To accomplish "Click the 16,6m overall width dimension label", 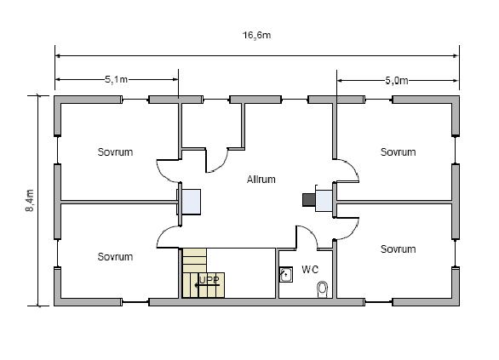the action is tap(257, 35).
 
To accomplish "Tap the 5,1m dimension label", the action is tap(116, 79).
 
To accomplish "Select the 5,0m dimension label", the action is tap(397, 81).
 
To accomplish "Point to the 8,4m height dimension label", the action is tap(30, 200).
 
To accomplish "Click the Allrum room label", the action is tap(261, 180).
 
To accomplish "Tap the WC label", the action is tap(310, 270).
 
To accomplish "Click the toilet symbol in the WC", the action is tap(323, 289).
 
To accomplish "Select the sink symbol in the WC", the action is tap(286, 275).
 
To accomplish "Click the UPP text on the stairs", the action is tap(209, 280).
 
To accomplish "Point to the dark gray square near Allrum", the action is tap(309, 200).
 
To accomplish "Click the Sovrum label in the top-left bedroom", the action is tap(115, 152).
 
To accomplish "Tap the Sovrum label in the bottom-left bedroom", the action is tap(115, 257).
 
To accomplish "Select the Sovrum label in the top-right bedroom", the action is tap(399, 152).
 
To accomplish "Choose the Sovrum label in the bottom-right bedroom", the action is tap(399, 249).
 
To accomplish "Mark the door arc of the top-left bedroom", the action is tap(162, 174).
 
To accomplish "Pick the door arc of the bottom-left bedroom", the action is tap(163, 233).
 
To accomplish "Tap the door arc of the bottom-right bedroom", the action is tap(353, 231).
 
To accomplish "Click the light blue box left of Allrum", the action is tap(192, 202).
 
